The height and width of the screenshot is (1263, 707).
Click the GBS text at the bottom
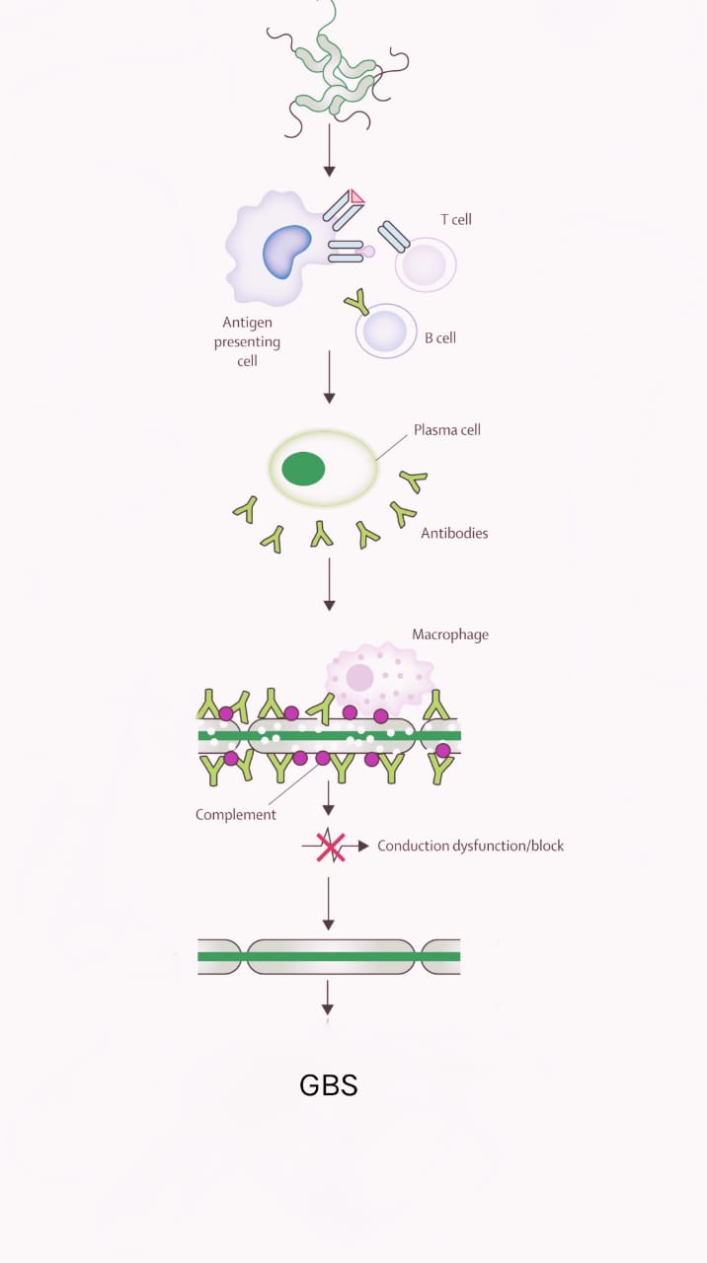328,1085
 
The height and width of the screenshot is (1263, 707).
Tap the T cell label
455,219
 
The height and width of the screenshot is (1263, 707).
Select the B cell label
440,337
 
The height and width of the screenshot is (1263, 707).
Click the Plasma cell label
447,430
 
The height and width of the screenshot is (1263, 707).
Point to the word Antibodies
454,533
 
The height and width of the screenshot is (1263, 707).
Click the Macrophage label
450,634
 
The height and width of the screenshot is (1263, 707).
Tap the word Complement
236,814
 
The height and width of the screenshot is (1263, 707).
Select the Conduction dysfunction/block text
471,846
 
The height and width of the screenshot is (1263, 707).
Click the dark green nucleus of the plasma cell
303,468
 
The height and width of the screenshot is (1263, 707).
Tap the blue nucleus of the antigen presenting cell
287,251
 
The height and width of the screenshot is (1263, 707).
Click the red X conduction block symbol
330,847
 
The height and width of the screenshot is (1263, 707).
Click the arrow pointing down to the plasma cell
329,377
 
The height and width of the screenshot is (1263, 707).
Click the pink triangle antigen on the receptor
355,196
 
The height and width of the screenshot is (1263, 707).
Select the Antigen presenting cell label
247,341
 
